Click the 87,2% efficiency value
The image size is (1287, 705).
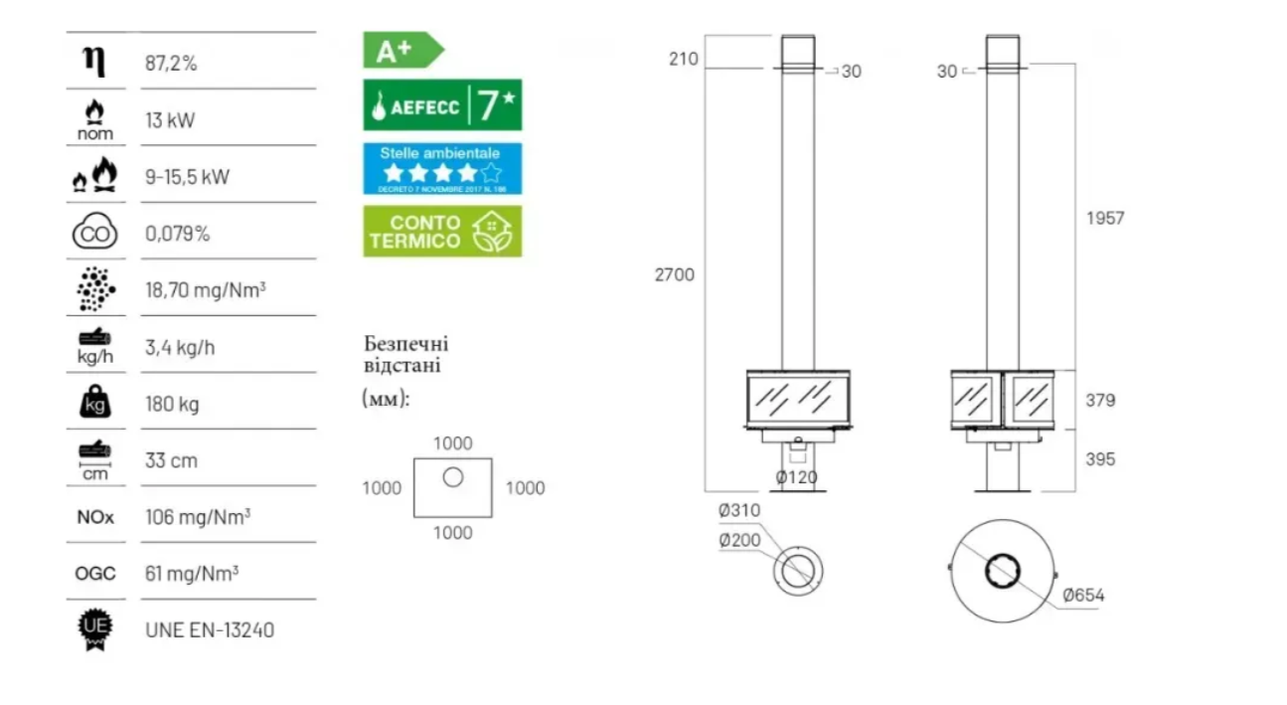pos(171,63)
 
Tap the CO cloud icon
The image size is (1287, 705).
pos(94,231)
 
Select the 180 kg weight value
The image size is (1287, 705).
pos(172,405)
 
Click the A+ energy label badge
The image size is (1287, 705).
pos(403,50)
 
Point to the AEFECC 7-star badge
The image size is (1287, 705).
pos(442,104)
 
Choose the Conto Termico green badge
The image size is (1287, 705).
pos(442,231)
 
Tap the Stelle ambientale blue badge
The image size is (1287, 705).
pos(442,168)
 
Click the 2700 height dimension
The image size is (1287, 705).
pos(675,274)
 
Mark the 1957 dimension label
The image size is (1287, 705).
pos(1105,218)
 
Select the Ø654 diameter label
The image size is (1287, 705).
pos(1083,596)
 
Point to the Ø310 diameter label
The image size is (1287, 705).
pos(739,510)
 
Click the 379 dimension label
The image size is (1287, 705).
pos(1100,400)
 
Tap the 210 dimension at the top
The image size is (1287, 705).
pos(683,59)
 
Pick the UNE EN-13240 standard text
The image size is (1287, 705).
pos(210,630)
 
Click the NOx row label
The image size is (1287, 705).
pos(95,517)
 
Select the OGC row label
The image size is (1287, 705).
pos(95,574)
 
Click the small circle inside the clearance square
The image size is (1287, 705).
pos(453,477)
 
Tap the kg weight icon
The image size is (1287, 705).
pos(94,402)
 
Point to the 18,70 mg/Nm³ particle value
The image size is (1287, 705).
pos(205,289)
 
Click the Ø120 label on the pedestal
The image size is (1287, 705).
pos(796,476)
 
